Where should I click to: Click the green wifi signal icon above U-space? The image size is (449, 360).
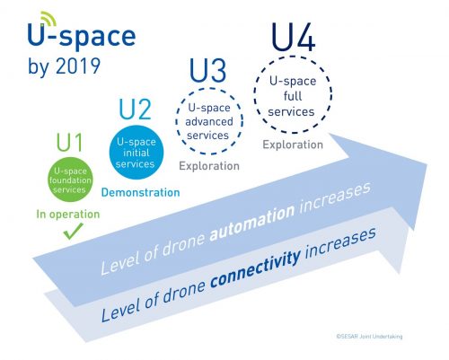[48, 19]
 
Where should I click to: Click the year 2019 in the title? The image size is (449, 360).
[78, 66]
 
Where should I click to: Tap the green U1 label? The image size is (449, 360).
[69, 143]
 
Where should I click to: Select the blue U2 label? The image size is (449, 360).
[135, 110]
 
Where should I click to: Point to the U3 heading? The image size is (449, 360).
[208, 71]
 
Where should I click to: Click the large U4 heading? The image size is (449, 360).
[293, 38]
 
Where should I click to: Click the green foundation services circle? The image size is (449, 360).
[70, 180]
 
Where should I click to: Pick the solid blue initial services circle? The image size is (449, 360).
[136, 153]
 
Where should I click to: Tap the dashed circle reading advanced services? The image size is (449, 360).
[176, 121]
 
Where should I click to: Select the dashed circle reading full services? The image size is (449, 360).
[254, 94]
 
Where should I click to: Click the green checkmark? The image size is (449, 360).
[73, 231]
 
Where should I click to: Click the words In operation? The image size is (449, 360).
[68, 215]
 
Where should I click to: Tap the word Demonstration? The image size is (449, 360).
[141, 192]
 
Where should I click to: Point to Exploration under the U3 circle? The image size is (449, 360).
[209, 166]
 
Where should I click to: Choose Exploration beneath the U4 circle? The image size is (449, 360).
[293, 145]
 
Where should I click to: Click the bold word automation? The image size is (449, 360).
[252, 222]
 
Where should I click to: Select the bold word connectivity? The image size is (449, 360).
[255, 268]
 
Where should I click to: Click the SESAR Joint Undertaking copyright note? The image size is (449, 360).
[369, 337]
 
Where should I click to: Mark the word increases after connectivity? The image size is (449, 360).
[340, 242]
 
